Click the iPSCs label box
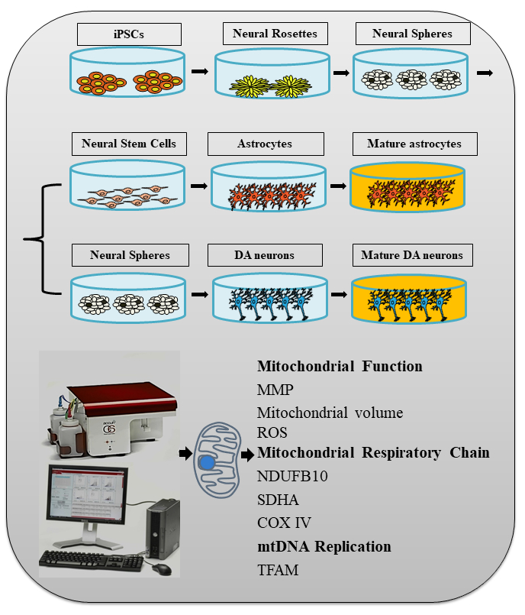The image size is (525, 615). tap(129, 34)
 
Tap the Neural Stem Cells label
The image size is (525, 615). tap(129, 144)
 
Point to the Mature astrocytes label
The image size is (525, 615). tap(413, 144)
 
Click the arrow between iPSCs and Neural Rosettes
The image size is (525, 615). tap(200, 71)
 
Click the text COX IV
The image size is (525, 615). tap(285, 523)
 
